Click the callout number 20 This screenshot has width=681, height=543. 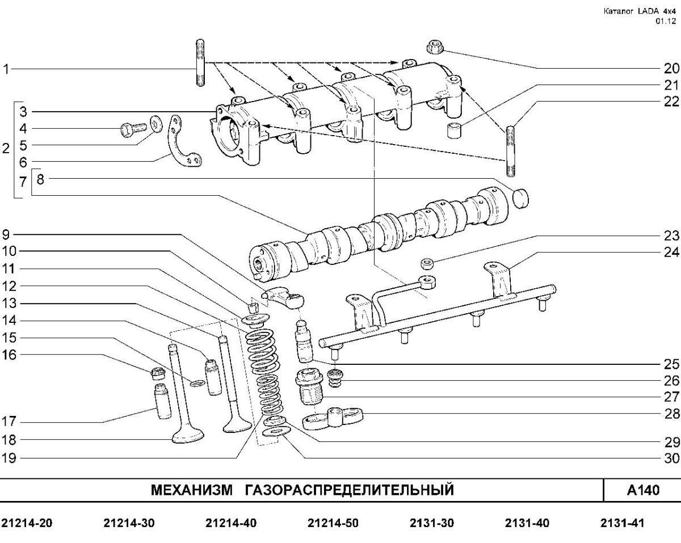(x=671, y=69)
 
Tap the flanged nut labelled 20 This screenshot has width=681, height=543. (x=435, y=47)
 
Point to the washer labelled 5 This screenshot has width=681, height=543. (x=155, y=124)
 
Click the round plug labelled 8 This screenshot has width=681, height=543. (x=520, y=199)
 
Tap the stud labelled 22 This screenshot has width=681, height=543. (x=510, y=151)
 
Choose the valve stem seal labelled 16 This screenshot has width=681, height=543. (x=158, y=373)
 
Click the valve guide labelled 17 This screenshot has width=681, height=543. (x=162, y=401)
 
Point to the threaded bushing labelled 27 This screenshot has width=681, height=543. (x=309, y=386)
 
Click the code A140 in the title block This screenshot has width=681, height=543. (x=644, y=490)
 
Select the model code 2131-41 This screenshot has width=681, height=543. (x=623, y=523)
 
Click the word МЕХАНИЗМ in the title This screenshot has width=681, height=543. (x=192, y=490)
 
